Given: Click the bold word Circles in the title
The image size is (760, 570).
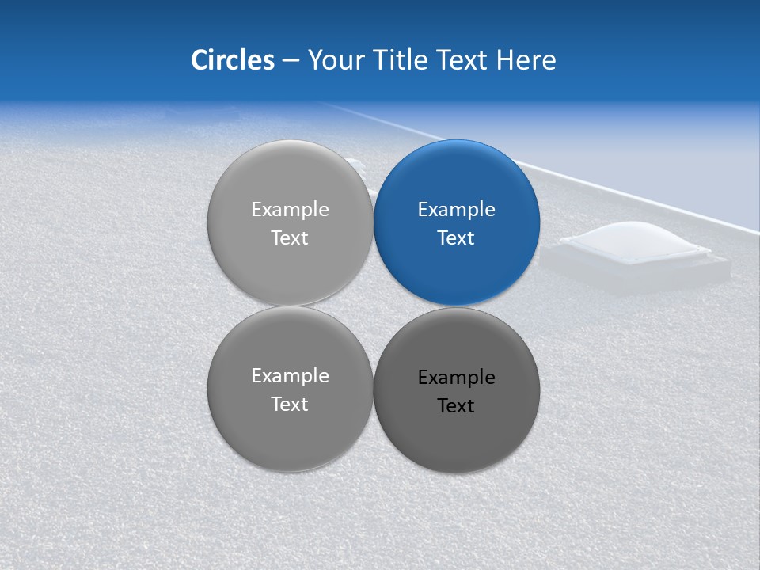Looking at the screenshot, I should click(x=232, y=60).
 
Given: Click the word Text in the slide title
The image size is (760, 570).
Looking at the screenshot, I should click(x=462, y=60).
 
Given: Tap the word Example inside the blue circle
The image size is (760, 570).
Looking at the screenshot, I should click(x=456, y=210).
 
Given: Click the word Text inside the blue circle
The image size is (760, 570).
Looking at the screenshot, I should click(x=456, y=238).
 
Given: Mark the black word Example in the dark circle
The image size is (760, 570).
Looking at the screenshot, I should click(x=456, y=378).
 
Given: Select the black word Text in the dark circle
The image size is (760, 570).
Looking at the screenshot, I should click(x=456, y=406).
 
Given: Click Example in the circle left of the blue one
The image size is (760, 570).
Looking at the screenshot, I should click(x=290, y=210).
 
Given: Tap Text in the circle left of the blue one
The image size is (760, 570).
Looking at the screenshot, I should click(x=290, y=238).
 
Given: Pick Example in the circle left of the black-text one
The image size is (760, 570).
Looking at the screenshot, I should click(x=290, y=376).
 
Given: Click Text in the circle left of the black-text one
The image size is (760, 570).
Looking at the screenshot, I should click(x=290, y=405).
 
